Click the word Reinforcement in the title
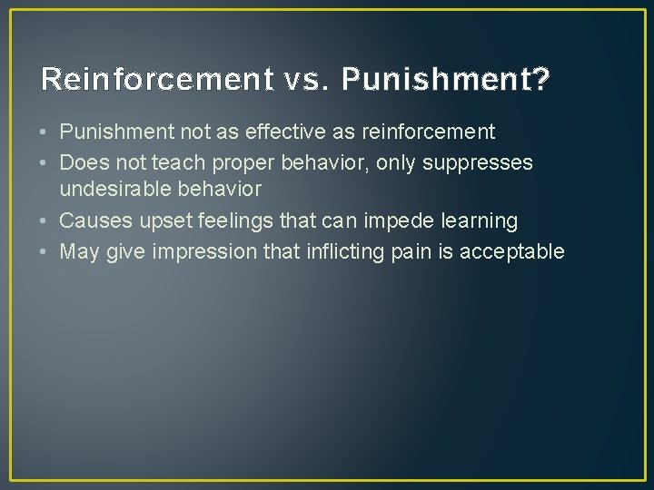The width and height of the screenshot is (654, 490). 152,81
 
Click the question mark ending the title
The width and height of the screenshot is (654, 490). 540,81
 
